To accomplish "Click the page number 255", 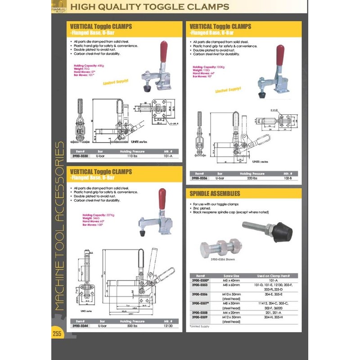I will pyautogui.click(x=57, y=333).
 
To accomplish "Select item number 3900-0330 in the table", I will pyautogui.click(x=81, y=156).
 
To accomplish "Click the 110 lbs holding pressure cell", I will pyautogui.click(x=132, y=156).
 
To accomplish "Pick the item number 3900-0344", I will pyautogui.click(x=81, y=325).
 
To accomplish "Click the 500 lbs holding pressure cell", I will pyautogui.click(x=132, y=325).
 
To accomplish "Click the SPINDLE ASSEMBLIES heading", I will pyautogui.click(x=215, y=193).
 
